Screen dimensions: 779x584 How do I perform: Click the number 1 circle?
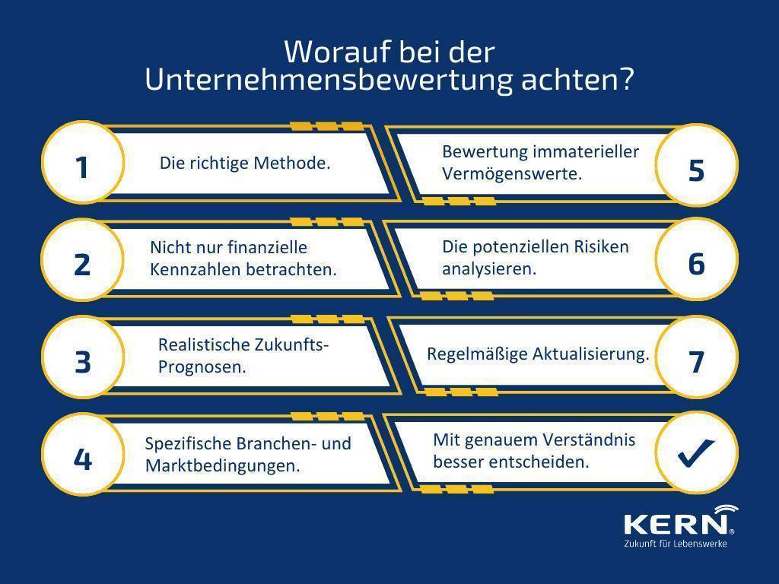[x=82, y=163]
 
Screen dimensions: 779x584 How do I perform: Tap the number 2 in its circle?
[x=82, y=265]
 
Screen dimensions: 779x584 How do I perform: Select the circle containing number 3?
[x=82, y=357]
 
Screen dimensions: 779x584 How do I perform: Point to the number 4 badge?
[x=82, y=455]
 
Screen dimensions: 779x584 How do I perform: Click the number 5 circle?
[x=697, y=165]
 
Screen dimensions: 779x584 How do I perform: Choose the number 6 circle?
[x=697, y=259]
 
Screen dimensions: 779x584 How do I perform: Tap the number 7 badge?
[x=697, y=357]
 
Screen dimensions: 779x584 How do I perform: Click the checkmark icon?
[x=695, y=452]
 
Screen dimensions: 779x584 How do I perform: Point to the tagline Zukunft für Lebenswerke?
[x=676, y=544]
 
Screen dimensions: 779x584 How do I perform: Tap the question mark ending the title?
[x=627, y=79]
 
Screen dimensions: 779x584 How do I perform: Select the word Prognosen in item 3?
[x=202, y=367]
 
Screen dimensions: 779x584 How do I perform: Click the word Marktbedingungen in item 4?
[x=223, y=466]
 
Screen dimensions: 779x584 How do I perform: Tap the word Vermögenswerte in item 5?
[x=512, y=174]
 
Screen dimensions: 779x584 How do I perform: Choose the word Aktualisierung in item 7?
[x=590, y=354]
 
